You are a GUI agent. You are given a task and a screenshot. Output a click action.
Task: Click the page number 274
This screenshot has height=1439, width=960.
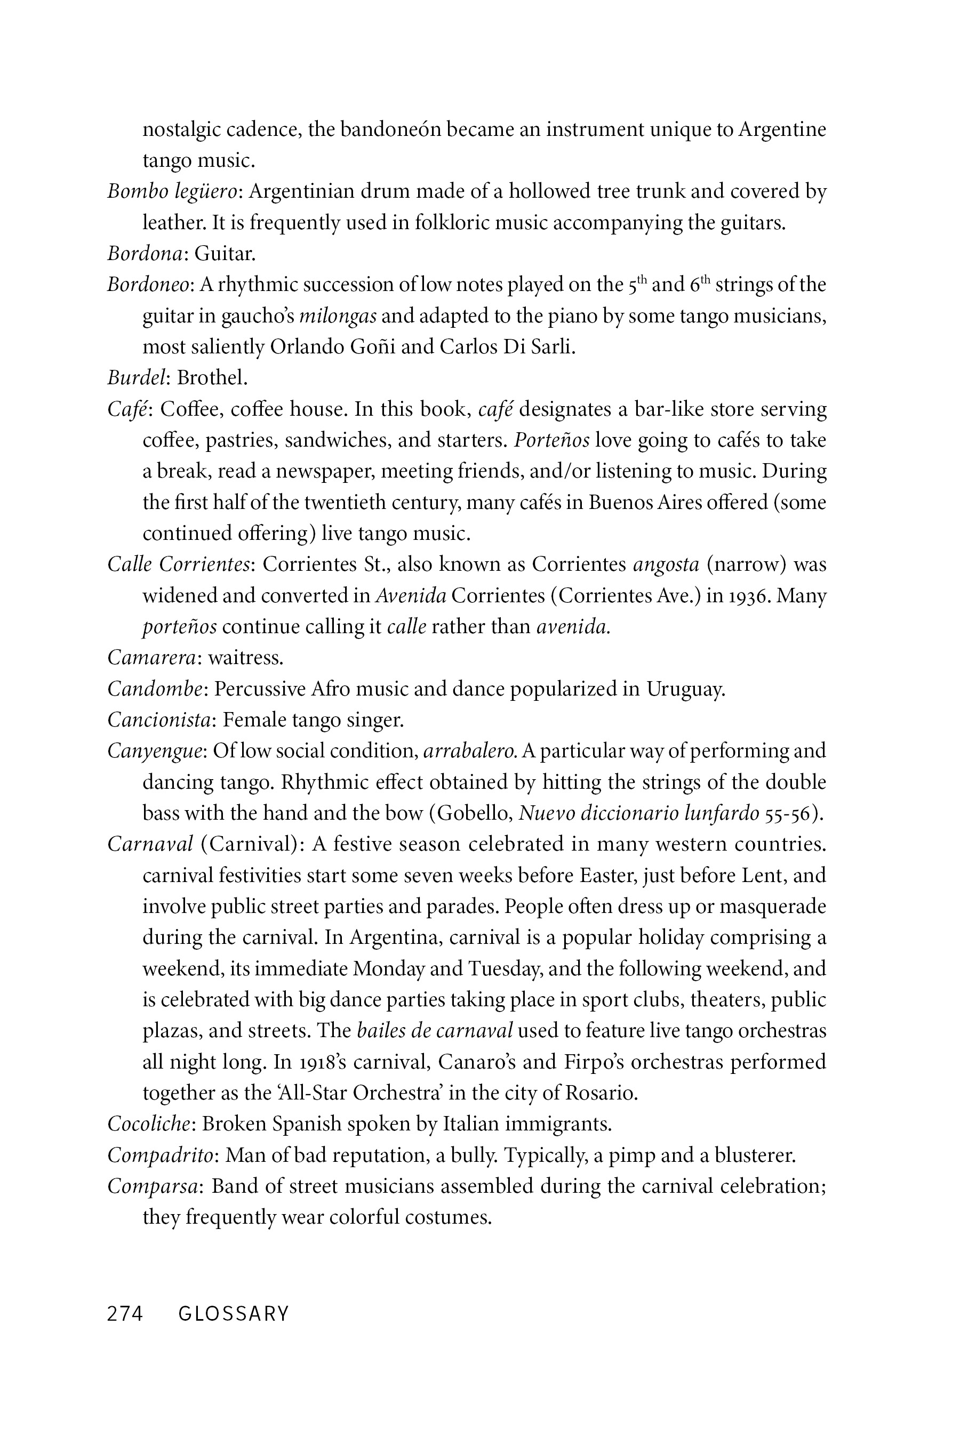click(x=125, y=1314)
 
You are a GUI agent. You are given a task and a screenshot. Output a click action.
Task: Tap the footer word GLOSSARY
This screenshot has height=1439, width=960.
click(x=233, y=1314)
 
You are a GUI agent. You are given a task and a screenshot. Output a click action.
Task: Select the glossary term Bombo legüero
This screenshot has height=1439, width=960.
click(x=172, y=192)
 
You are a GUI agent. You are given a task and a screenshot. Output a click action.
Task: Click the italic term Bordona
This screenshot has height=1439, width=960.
click(x=145, y=253)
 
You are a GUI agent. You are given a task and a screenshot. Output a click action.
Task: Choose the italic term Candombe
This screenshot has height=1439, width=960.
click(x=155, y=689)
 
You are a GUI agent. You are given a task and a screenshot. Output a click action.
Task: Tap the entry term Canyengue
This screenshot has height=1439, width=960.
click(x=154, y=751)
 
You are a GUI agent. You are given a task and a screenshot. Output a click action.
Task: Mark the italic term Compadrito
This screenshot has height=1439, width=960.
click(x=161, y=1155)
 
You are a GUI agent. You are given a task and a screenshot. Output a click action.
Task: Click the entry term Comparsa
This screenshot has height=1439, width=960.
click(x=153, y=1186)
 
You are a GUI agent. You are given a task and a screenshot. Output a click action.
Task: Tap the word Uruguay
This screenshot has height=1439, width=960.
click(x=685, y=689)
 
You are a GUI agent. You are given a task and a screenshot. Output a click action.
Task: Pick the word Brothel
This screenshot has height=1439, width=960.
click(x=212, y=377)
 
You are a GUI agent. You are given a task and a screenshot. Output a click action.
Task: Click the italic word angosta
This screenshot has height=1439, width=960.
click(x=666, y=565)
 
